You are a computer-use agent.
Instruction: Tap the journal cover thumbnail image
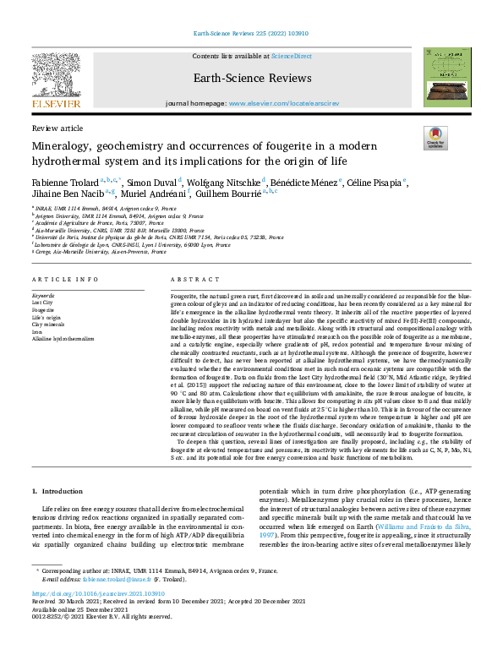coord(447,77)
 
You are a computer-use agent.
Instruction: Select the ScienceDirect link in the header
coord(290,55)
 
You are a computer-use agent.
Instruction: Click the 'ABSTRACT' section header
coord(189,279)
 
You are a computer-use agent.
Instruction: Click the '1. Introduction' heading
coord(57,491)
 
